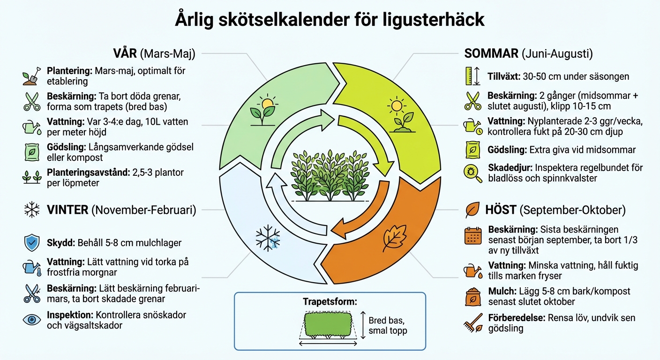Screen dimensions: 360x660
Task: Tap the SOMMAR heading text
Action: tap(491, 53)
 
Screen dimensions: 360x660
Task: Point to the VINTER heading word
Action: tap(67, 210)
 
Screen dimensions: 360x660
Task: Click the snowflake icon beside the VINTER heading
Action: tap(32, 210)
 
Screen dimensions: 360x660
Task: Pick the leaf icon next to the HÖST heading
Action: tap(472, 210)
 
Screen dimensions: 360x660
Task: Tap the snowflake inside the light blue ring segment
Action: tap(268, 238)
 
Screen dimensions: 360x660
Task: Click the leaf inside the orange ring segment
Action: tap(394, 238)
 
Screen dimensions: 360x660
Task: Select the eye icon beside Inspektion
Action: tap(32, 320)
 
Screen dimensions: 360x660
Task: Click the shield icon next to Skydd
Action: tap(32, 243)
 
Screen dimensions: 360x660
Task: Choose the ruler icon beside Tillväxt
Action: tap(472, 76)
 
